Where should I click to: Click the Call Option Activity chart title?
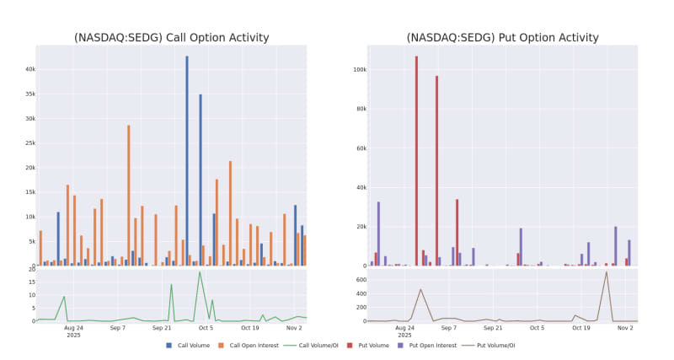[x=171, y=37]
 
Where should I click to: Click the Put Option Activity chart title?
[x=502, y=37]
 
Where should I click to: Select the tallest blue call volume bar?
[x=187, y=160]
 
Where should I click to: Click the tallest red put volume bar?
[x=416, y=160]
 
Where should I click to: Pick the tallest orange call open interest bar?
[x=129, y=196]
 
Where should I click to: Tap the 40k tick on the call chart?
[x=30, y=69]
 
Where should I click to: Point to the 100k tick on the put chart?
[x=357, y=69]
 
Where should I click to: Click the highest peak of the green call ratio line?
[x=200, y=271]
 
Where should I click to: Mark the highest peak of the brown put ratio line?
[x=606, y=271]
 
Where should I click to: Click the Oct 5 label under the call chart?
[x=206, y=327]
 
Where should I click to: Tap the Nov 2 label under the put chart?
[x=624, y=327]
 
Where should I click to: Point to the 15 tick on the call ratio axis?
[x=30, y=282]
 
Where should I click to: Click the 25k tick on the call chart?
[x=30, y=143]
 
